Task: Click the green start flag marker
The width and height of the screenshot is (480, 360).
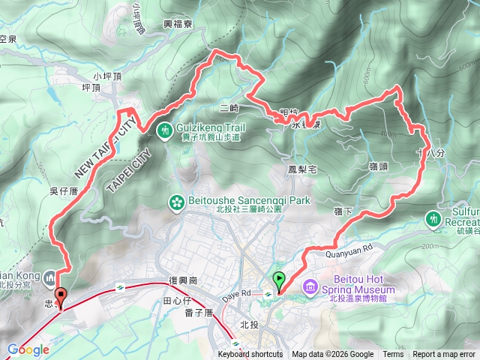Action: (280, 280)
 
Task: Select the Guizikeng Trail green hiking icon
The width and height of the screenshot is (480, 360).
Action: (164, 130)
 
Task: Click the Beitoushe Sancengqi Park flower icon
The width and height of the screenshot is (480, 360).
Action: (176, 202)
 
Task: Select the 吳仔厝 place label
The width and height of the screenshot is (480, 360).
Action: (64, 191)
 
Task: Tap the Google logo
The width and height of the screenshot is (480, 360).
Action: (28, 349)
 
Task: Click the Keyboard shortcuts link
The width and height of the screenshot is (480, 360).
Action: (250, 355)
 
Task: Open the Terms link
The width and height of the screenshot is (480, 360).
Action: (393, 355)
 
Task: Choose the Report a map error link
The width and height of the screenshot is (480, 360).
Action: (445, 355)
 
